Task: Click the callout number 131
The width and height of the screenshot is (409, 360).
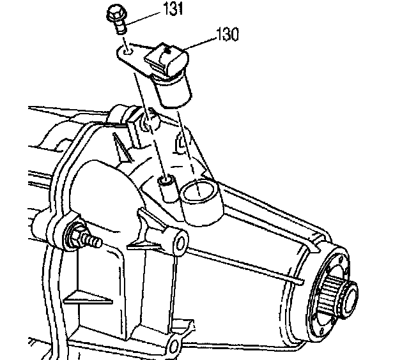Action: (158, 10)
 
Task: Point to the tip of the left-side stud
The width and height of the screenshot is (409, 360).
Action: (98, 242)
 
